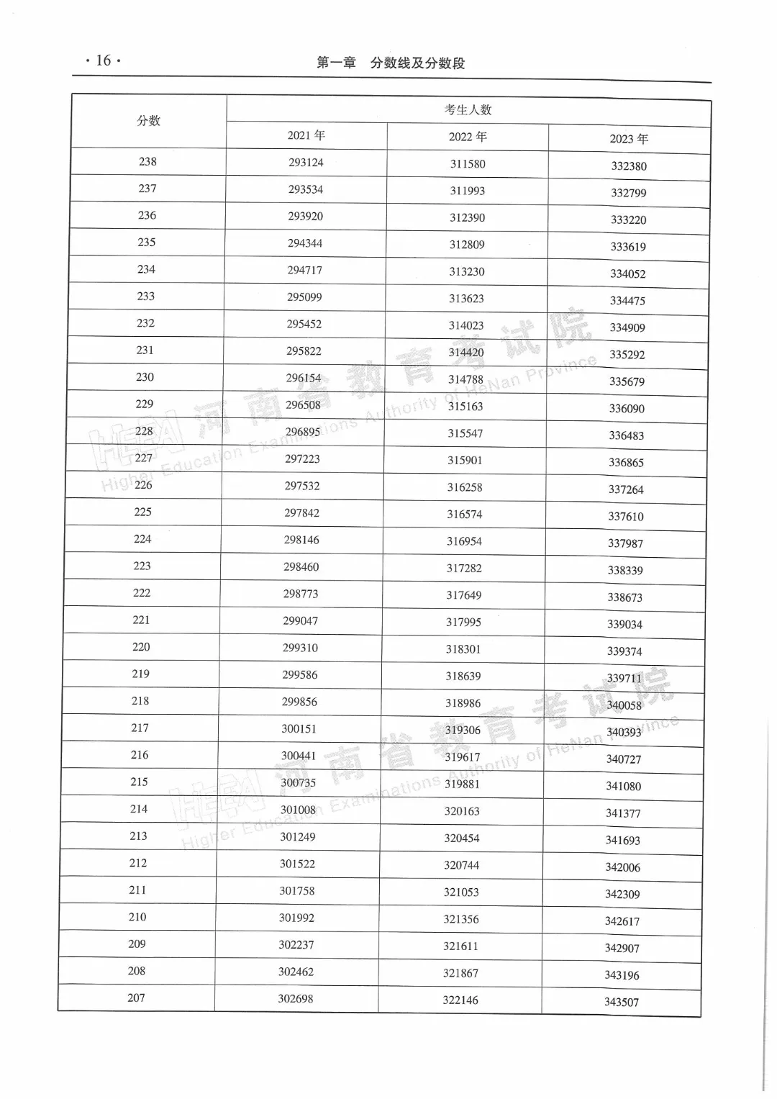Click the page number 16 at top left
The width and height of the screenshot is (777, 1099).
point(103,60)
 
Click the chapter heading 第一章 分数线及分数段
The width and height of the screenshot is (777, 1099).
point(391,63)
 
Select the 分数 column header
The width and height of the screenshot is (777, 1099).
point(148,121)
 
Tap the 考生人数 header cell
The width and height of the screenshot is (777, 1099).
point(468,110)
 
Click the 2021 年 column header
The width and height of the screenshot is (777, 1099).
point(306,135)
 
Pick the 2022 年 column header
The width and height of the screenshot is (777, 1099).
point(468,137)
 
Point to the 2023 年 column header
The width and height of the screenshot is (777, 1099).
point(629,139)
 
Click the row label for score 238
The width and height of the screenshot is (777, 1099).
point(147,162)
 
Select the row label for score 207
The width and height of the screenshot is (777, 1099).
point(136,998)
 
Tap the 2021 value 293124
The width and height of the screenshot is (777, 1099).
point(306,163)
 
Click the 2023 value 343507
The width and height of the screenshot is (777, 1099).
point(622,1002)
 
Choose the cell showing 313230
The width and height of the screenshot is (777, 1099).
point(467,271)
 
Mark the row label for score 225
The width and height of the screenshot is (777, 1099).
point(142,512)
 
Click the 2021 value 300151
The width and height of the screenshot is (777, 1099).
point(299,728)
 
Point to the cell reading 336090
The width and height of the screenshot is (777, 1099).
point(627,408)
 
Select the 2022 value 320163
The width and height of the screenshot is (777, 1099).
point(462,811)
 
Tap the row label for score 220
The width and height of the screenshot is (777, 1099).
point(141,647)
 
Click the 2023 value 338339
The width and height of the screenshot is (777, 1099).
point(625,570)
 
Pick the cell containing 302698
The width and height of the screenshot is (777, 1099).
point(295,998)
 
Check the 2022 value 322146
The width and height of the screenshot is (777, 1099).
point(460,1000)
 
